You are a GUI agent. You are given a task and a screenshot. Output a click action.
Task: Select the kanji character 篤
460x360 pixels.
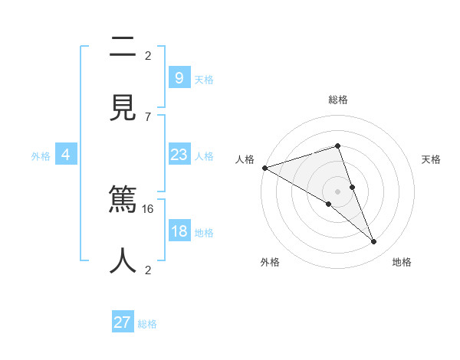pos(123,201)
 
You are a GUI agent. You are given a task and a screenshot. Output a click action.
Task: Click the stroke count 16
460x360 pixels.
pos(149,208)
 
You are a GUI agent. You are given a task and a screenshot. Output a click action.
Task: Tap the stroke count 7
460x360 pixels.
pos(148,116)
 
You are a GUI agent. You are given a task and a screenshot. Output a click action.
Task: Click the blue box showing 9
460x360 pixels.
pos(179,77)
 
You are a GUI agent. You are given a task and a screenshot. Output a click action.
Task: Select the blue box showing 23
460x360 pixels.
pos(179,155)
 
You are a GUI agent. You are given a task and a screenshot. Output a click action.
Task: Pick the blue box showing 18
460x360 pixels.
pos(179,231)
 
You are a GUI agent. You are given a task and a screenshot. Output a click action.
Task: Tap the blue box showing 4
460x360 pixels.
pos(66,155)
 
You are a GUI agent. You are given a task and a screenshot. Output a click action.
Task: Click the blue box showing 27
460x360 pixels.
pos(123,322)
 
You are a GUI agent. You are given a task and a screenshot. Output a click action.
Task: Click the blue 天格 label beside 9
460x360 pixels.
pos(204,79)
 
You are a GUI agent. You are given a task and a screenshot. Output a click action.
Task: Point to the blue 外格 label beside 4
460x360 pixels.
pos(41,155)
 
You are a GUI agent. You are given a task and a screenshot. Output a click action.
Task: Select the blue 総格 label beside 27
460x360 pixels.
pos(147,324)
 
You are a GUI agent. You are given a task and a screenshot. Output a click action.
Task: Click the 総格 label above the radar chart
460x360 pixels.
pos(338,100)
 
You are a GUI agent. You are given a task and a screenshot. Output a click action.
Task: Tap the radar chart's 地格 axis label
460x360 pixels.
pos(402,263)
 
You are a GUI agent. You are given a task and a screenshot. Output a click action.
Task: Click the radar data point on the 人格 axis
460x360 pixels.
pos(264,168)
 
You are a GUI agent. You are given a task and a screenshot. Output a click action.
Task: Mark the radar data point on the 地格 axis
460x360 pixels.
pos(374,242)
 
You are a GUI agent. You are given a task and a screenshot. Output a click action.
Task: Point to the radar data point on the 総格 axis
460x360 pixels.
pos(338,146)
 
